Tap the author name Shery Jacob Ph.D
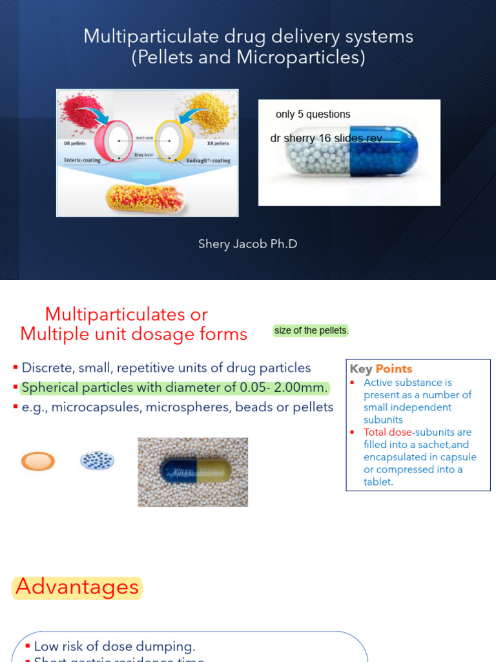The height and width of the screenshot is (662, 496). click(248, 244)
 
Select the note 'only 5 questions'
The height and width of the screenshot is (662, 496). click(313, 114)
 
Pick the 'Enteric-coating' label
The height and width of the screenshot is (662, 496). click(82, 160)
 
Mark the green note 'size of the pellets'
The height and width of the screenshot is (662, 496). click(311, 331)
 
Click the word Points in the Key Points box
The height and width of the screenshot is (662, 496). click(394, 369)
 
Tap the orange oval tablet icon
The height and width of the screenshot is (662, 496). click(38, 461)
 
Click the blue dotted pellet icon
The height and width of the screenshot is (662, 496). click(97, 460)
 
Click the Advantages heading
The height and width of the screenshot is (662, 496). click(77, 587)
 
